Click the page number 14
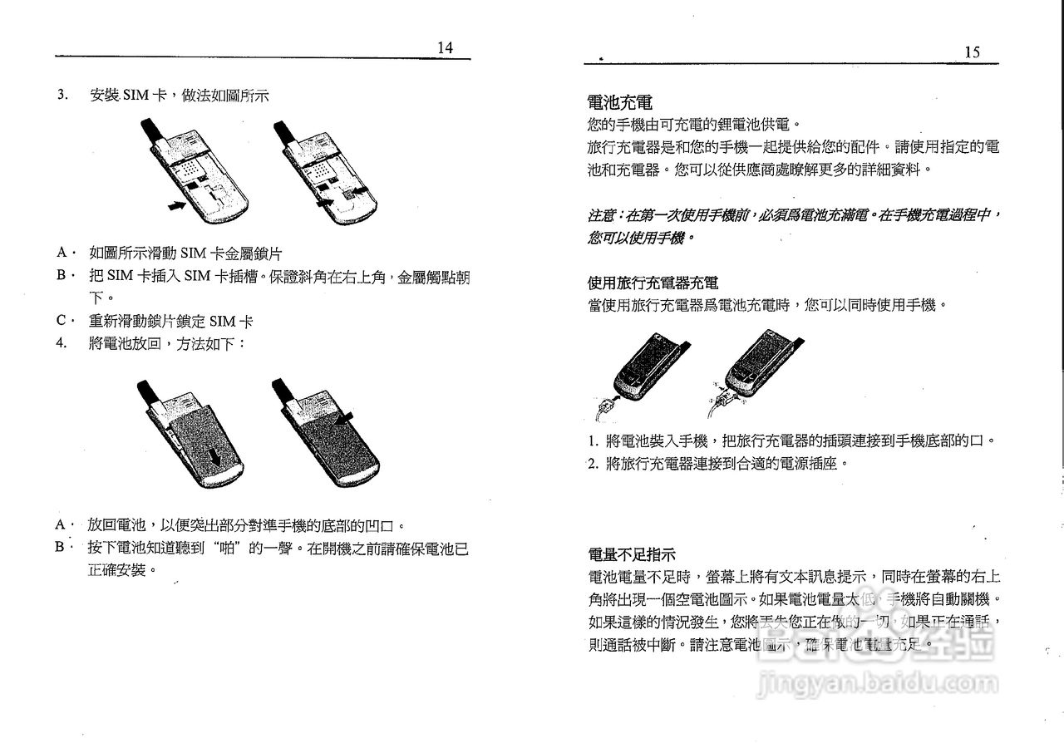[x=446, y=48]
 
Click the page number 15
[x=972, y=52]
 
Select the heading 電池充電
[x=619, y=103]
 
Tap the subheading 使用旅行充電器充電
[x=653, y=283]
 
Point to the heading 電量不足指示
[x=631, y=554]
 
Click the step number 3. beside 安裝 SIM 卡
[x=62, y=95]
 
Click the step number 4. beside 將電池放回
[x=62, y=342]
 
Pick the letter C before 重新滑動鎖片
[x=61, y=321]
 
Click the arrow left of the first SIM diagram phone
[x=175, y=204]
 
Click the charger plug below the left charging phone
[x=604, y=407]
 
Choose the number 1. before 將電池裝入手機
[x=593, y=441]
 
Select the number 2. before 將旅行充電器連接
[x=593, y=463]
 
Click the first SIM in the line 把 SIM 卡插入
[x=121, y=276]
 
